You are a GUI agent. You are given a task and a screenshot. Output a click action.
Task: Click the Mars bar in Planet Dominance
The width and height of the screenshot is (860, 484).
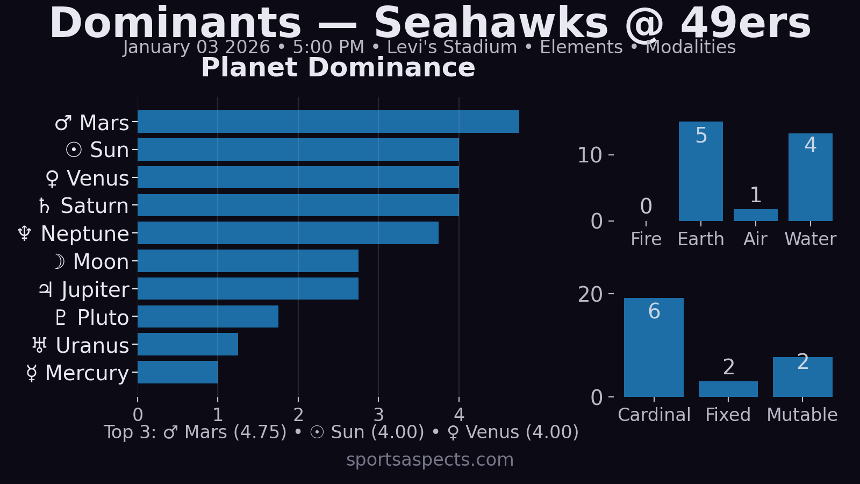coord(328,122)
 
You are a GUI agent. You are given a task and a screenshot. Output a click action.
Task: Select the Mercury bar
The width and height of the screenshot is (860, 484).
coord(177,372)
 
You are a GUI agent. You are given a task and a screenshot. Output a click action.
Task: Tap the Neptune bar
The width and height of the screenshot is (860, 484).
coord(288,233)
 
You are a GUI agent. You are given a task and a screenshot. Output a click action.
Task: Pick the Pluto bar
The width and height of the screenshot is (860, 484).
coord(207,317)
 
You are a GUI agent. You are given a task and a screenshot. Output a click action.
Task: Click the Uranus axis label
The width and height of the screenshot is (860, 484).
coord(81,346)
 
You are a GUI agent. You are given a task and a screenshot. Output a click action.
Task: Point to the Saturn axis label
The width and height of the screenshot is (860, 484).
coord(84,206)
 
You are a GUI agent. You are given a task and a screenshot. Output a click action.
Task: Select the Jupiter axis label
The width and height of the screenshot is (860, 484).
coord(84,290)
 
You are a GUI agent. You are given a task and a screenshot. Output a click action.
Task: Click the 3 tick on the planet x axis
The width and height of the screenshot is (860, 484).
coord(378,415)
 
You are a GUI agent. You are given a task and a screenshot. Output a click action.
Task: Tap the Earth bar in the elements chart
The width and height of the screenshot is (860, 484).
coord(700,172)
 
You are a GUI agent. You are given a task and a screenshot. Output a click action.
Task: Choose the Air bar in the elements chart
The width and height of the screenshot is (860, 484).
coord(755,215)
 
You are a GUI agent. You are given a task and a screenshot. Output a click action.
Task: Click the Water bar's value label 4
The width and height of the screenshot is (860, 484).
coord(811,145)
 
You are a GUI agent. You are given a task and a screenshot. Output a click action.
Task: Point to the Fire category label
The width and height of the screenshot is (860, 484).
coord(646,239)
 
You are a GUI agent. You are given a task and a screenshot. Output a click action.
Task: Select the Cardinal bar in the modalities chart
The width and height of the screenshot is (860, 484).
coord(654,350)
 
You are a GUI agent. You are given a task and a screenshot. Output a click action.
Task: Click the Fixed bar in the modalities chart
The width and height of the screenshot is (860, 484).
coord(728,389)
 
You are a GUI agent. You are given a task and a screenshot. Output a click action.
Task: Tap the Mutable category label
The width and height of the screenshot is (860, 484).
coord(802,415)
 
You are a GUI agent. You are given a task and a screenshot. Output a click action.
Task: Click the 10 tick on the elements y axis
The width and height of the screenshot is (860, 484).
coord(590,155)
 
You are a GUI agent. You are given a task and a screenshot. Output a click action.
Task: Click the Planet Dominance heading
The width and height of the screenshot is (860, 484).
coord(338,68)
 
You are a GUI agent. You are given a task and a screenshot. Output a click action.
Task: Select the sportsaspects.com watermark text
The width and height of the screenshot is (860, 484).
coord(430,460)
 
